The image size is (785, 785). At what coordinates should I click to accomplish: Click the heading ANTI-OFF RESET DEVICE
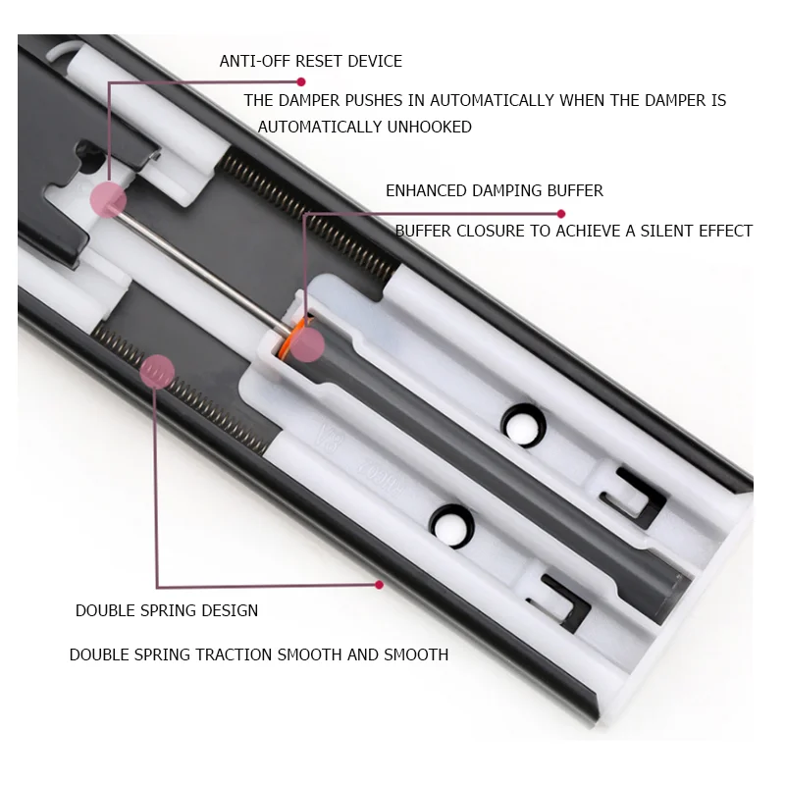coord(311,61)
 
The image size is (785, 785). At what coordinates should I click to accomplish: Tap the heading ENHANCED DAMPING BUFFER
coord(495,190)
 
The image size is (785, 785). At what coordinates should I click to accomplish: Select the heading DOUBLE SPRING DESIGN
coord(167,610)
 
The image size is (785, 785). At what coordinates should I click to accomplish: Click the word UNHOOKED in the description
coord(429,128)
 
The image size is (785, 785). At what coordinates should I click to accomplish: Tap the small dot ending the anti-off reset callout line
coord(301,81)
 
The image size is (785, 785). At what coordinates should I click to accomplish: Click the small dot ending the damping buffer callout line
coord(560,214)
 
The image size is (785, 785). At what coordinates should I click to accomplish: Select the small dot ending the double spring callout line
coord(379,585)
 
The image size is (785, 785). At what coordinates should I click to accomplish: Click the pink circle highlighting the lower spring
coord(157,372)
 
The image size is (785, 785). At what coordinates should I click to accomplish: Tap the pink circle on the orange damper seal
coord(307,344)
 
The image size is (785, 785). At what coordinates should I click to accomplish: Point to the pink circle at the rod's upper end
coord(108,199)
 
